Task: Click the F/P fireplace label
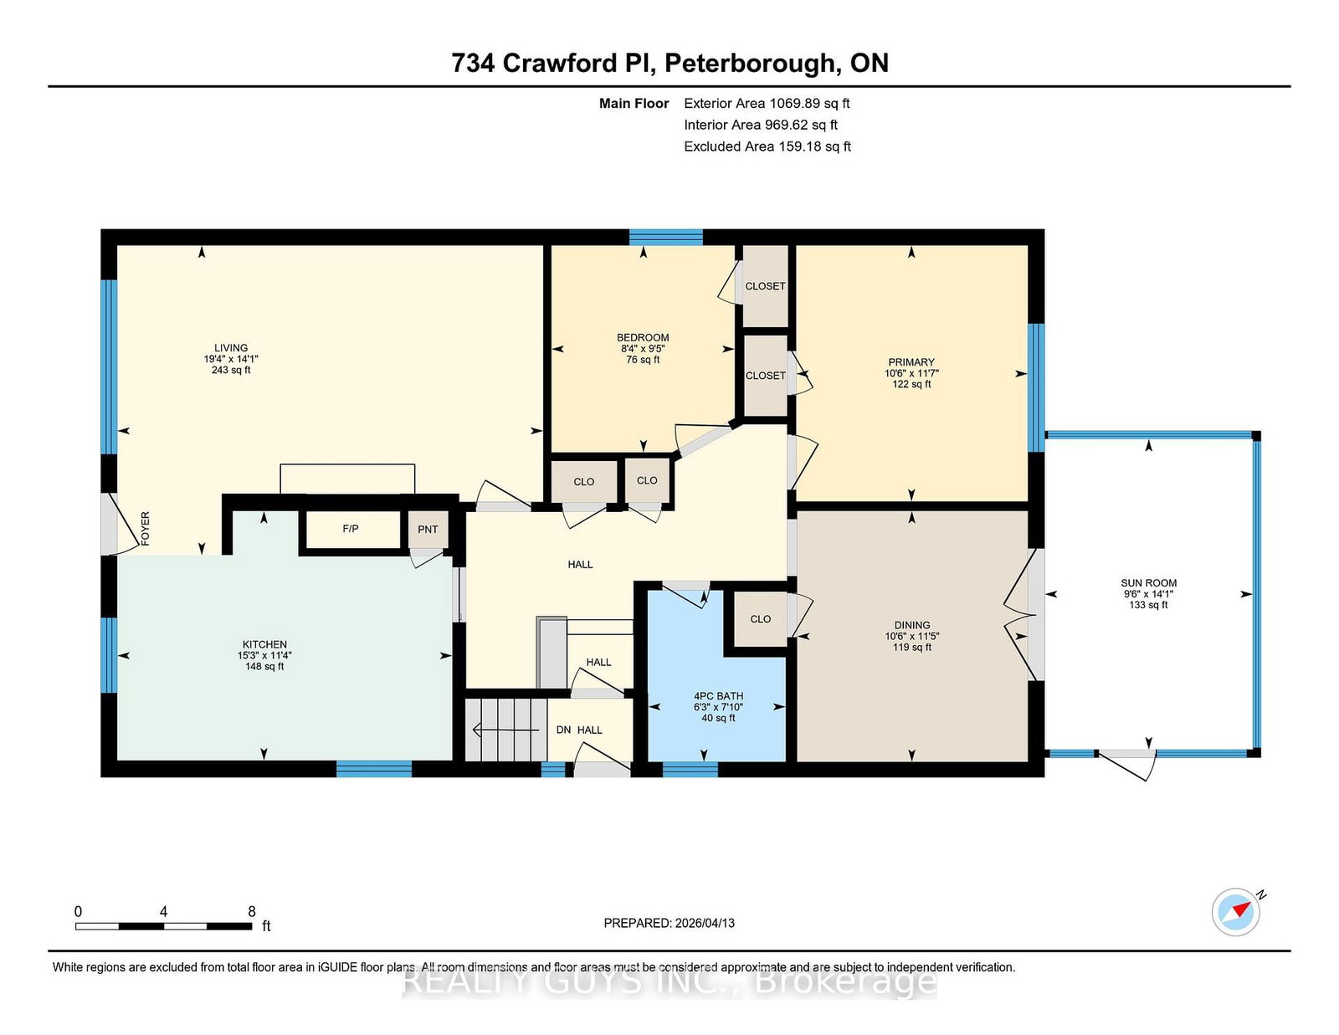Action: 351,529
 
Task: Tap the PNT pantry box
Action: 428,530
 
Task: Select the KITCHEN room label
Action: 264,645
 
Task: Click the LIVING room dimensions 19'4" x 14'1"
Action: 231,359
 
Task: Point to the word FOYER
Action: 146,529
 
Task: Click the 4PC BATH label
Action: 718,696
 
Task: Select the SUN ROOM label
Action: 1148,583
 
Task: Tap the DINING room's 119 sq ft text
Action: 911,647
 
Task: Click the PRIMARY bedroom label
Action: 911,362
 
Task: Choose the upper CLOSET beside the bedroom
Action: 765,286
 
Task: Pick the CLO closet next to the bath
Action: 760,619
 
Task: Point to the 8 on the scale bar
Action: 251,912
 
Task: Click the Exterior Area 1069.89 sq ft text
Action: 767,104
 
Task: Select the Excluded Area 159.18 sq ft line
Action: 767,146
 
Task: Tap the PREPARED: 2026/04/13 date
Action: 669,923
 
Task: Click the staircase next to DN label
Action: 505,730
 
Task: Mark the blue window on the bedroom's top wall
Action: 666,237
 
